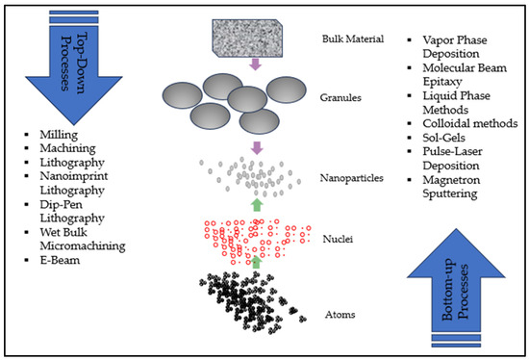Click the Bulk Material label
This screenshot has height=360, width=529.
coord(352,40)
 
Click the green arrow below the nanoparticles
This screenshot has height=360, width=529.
coord(256,204)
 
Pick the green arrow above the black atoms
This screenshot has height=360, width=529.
coord(256,261)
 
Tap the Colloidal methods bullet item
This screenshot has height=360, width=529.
coord(465,122)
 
